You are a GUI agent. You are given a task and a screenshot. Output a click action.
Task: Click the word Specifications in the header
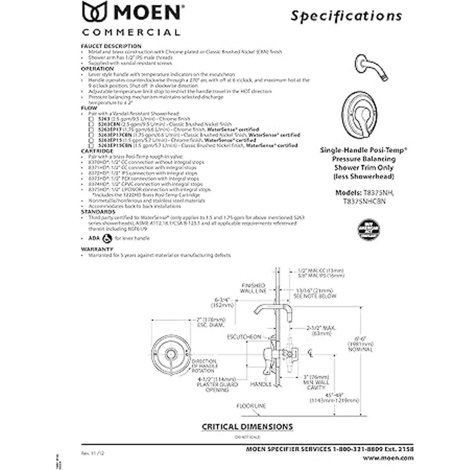(346, 16)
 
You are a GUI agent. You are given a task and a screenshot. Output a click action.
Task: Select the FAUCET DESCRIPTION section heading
(111, 46)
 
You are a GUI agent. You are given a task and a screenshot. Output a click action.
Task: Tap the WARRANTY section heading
(97, 249)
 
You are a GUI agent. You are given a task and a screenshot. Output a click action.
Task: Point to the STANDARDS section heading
(98, 212)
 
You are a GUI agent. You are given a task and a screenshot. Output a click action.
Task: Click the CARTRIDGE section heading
(97, 151)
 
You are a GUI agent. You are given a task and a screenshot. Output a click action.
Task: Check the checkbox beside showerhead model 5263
(91, 119)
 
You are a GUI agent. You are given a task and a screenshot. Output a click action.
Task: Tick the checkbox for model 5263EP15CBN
(91, 145)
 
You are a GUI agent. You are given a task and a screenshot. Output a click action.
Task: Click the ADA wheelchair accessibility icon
(107, 238)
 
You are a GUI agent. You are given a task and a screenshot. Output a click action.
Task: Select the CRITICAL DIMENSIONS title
(247, 427)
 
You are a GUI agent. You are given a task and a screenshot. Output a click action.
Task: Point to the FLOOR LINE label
(251, 406)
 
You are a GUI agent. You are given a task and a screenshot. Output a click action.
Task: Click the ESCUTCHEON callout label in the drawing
(244, 337)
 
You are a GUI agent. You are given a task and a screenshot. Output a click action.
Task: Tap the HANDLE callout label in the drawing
(261, 385)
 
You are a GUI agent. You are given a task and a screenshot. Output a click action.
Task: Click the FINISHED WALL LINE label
(253, 288)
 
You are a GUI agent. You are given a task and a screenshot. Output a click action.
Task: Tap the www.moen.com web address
(388, 457)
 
